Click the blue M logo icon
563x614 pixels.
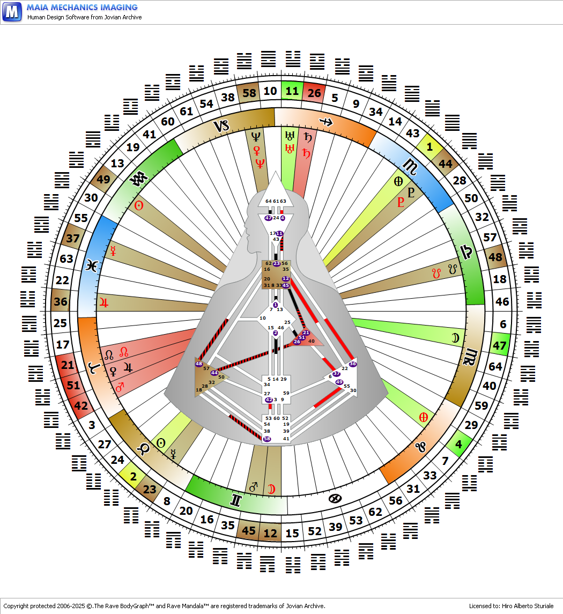(12, 11)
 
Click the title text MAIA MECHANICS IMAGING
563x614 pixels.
(82, 8)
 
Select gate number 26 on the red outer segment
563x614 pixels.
(314, 93)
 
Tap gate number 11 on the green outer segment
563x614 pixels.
(292, 91)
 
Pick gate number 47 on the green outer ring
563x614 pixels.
(500, 346)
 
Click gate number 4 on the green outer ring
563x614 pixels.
(458, 445)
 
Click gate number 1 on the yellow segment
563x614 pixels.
(429, 147)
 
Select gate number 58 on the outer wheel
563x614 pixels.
(249, 93)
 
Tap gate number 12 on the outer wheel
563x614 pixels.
(270, 533)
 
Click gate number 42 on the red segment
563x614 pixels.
(80, 406)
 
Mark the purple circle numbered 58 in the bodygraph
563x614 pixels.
(267, 439)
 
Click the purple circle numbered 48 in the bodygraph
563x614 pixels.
(199, 364)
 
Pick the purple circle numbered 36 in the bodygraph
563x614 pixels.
(352, 364)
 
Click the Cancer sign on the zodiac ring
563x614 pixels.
(335, 499)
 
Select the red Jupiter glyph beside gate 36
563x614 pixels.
(102, 302)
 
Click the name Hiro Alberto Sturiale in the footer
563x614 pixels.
(528, 606)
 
